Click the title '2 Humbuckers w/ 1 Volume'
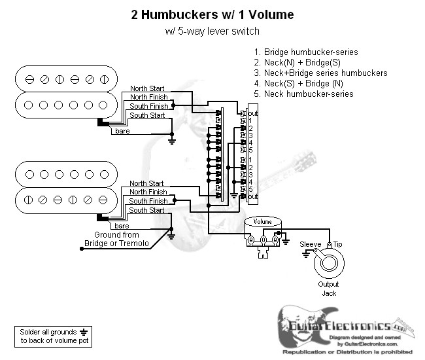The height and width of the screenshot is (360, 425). coord(212,14)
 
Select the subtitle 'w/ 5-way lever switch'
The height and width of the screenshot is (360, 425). coord(212,31)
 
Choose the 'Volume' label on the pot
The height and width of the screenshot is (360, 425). coord(262,221)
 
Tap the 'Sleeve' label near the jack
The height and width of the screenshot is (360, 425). coord(310,244)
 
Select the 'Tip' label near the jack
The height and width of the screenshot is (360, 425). coord(337,244)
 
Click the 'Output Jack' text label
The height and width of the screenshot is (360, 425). coord(328,289)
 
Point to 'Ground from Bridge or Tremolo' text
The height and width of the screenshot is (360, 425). coord(116,239)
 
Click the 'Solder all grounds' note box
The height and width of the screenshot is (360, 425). coord(52,336)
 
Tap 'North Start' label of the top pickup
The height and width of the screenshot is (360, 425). coord(147,88)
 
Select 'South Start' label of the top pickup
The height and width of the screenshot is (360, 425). coord(147,115)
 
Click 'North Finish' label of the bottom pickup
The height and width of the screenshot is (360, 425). coord(148,192)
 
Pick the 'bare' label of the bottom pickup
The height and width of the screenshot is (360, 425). coord(121,225)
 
